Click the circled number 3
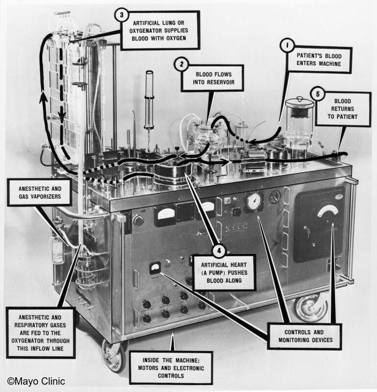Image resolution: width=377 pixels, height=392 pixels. pos(121,15)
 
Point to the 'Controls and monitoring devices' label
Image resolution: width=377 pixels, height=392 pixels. pos(304,336)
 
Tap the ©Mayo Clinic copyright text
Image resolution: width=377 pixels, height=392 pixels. pos(36,381)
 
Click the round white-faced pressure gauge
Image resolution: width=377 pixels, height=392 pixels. pos(254,201)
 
